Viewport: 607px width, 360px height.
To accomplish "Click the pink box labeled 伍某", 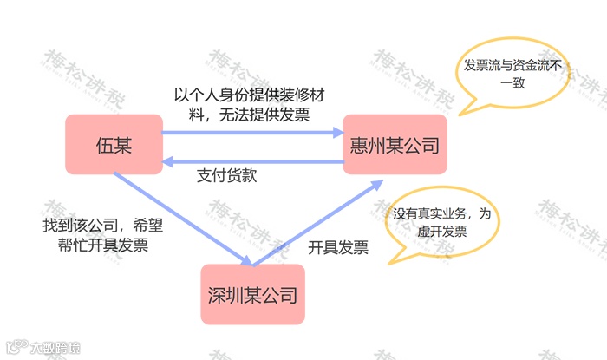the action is [x=114, y=142].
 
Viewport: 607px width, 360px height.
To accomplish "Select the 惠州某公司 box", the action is [x=393, y=144].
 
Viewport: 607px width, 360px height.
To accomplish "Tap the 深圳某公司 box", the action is [x=253, y=294].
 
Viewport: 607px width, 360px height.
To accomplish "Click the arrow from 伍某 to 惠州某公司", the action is [x=251, y=133].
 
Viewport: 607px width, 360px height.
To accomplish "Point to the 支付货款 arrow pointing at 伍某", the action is [x=251, y=160].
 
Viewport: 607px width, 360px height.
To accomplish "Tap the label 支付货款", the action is [x=227, y=176].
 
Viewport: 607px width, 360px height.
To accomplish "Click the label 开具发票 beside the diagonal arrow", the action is [x=338, y=247].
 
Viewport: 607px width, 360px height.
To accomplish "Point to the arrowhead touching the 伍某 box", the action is [x=171, y=160].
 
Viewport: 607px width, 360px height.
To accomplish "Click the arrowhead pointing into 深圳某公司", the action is [x=246, y=261].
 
